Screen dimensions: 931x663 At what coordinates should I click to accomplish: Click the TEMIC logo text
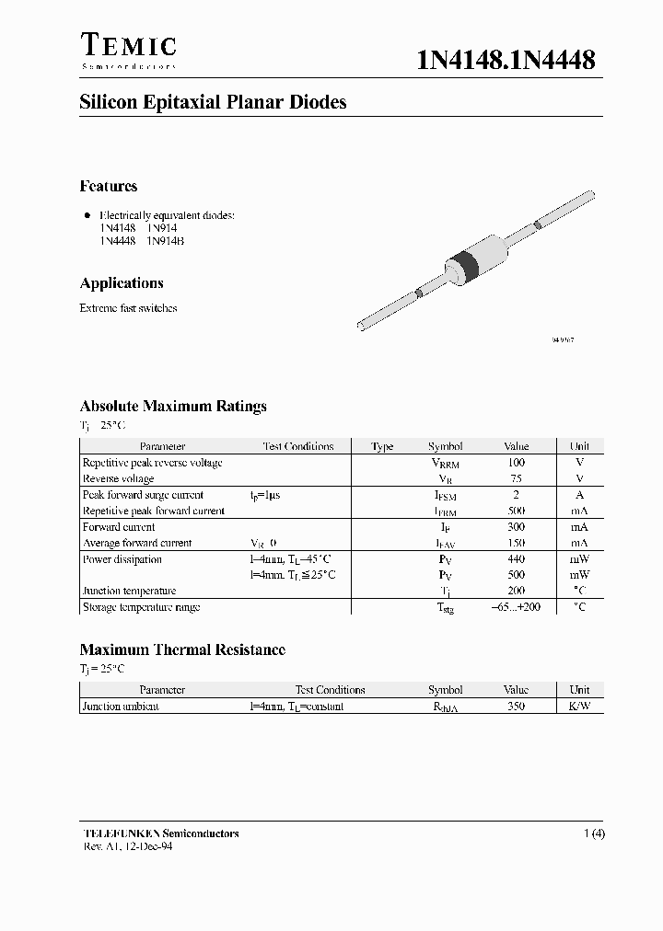click(128, 46)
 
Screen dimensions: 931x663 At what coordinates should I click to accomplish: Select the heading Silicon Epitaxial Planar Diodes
click(213, 103)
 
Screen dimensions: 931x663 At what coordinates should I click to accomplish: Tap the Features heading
click(109, 187)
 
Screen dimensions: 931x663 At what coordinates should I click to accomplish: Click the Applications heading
click(122, 283)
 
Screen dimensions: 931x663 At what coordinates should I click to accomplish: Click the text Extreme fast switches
click(128, 308)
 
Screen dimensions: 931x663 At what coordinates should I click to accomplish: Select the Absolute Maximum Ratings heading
click(173, 406)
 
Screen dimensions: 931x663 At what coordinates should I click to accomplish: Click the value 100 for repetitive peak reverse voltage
click(516, 463)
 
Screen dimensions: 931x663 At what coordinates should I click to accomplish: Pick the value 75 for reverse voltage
click(516, 478)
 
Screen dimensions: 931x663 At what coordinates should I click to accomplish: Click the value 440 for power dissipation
click(516, 559)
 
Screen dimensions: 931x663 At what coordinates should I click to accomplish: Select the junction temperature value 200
click(516, 591)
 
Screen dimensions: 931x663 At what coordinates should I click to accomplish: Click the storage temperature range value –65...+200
click(516, 607)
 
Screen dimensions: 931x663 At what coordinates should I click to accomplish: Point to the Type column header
click(382, 446)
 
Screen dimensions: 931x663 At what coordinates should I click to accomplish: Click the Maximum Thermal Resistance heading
click(182, 649)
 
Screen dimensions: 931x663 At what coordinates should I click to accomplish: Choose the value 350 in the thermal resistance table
click(516, 707)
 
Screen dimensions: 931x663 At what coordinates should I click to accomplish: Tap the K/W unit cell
click(579, 707)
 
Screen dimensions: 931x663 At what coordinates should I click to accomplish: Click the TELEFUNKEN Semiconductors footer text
click(161, 833)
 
